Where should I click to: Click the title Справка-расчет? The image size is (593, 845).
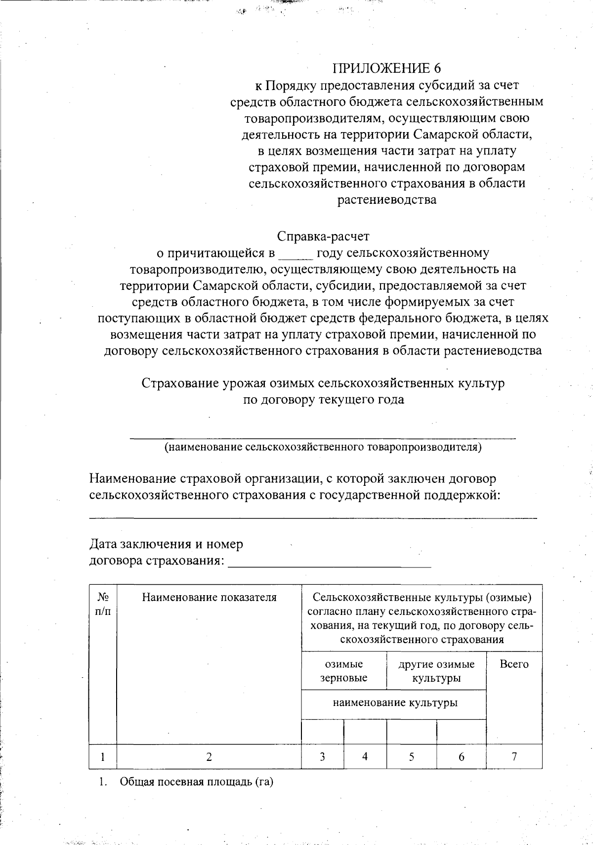323,236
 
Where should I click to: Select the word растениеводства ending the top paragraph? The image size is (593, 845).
386,200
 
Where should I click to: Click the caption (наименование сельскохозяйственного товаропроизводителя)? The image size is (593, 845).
323,447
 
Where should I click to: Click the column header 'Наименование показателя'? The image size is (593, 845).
209,598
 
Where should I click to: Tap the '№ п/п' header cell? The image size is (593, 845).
103,604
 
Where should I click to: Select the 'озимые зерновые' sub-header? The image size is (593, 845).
343,671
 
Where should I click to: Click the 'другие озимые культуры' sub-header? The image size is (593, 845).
436,671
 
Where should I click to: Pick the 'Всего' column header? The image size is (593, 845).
514,664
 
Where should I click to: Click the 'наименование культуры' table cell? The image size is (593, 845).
394,703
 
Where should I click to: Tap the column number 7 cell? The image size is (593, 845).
514,756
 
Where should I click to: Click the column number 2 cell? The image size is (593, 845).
209,757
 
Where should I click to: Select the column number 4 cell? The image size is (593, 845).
365,757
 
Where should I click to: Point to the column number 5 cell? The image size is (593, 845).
411,757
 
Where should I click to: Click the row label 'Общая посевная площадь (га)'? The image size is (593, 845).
196,782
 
